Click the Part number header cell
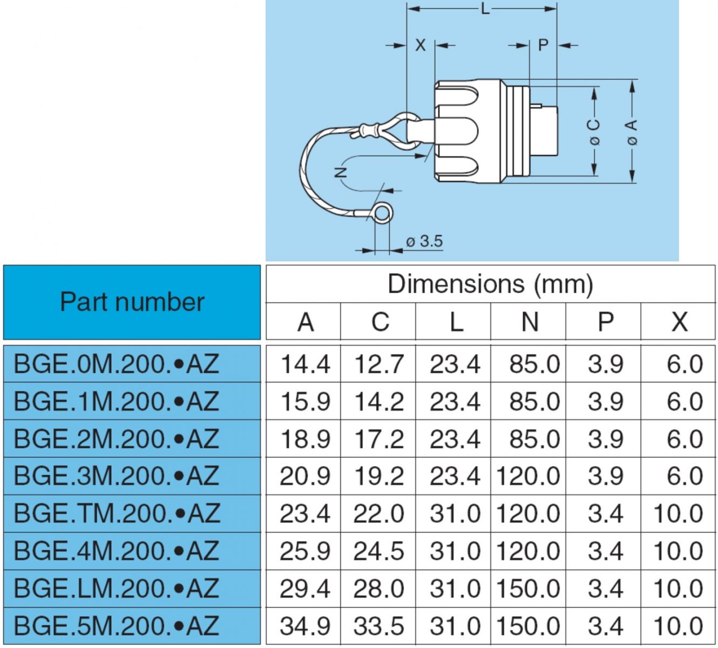132,302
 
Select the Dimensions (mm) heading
490,284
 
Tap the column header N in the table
529,322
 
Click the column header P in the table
605,322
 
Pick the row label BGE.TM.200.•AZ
117,514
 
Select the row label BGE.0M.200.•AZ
117,364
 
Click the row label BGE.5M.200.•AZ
117,626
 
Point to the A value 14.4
305,364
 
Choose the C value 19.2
379,476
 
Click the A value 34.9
305,626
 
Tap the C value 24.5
379,551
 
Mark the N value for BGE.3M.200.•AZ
528,476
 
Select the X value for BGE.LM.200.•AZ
678,589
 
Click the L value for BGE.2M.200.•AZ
455,439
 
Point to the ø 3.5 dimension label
424,241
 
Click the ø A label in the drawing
631,132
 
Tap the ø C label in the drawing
594,132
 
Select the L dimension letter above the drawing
485,9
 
